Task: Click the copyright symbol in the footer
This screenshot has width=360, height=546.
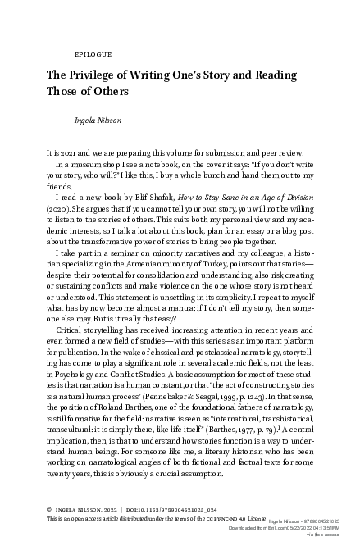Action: click(x=50, y=509)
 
